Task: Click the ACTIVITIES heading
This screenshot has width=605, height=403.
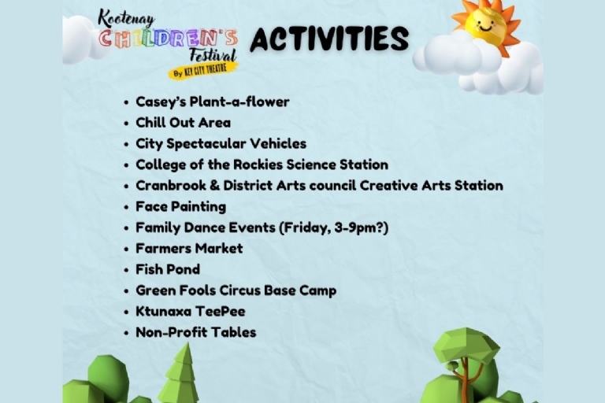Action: pos(329,39)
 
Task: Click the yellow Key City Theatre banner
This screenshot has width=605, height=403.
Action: pos(203,71)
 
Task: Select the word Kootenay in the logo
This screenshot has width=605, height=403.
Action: pos(126,18)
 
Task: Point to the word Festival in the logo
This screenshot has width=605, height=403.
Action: pos(213,55)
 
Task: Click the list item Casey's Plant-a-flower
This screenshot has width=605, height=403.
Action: pos(212,102)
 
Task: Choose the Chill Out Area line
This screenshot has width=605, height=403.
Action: pos(183,123)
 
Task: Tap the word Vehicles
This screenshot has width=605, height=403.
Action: pos(278,143)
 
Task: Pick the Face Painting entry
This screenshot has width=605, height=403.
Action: pos(180,207)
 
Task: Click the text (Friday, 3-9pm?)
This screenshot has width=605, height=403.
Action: pos(333,227)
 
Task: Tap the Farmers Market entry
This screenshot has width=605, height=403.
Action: pos(189,249)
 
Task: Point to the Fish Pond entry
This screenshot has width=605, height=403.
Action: pos(168,269)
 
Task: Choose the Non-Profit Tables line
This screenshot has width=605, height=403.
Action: pos(195,332)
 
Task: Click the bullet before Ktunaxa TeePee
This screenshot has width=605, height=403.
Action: pos(126,312)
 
